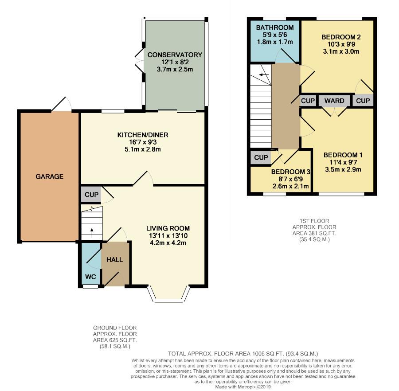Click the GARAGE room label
[x=49, y=176]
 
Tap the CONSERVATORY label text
[x=175, y=55]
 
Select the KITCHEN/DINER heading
[x=143, y=135]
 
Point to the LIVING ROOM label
[x=168, y=228]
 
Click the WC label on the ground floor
[x=90, y=277]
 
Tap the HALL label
[x=115, y=260]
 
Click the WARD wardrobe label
[x=334, y=101]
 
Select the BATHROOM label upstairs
[x=275, y=27]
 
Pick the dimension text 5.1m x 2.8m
[x=143, y=149]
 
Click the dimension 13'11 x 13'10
[x=168, y=235]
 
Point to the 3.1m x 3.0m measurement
[x=341, y=51]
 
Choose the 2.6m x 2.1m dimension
[x=290, y=186]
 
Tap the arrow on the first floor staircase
[x=264, y=74]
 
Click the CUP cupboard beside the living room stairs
[x=91, y=195]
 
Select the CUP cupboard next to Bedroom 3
[x=261, y=158]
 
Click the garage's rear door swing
[x=62, y=104]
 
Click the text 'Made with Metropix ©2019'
[x=243, y=387]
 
